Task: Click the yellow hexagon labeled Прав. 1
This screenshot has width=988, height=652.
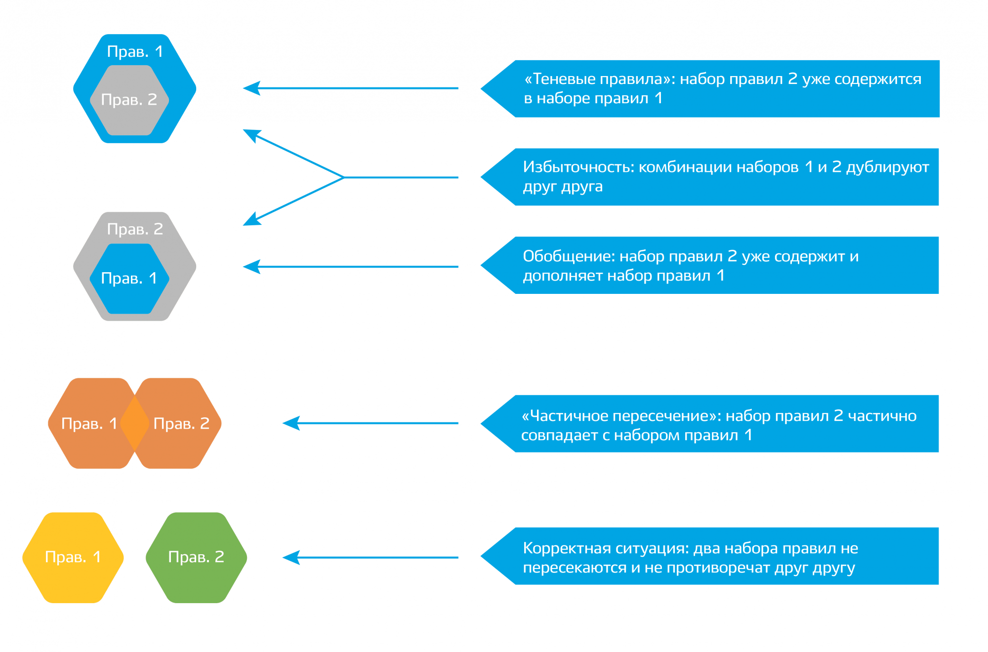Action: tap(73, 558)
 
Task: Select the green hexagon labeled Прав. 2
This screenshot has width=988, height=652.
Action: tap(196, 558)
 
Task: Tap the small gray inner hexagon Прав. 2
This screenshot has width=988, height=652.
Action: tap(129, 100)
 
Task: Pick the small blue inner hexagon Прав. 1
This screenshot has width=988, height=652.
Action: tap(129, 279)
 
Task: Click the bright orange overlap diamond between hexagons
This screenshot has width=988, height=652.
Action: tap(135, 423)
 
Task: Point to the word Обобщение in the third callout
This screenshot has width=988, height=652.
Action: tap(569, 256)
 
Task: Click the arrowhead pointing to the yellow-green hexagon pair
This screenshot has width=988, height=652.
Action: tap(290, 558)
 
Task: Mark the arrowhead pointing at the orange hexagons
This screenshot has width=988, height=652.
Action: tap(290, 423)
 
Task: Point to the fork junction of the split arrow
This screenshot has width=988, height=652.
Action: tap(344, 177)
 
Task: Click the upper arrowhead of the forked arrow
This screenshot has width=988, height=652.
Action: tap(250, 134)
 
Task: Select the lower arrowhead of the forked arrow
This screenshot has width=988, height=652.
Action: tap(250, 221)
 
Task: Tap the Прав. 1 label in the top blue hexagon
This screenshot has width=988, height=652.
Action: tap(135, 51)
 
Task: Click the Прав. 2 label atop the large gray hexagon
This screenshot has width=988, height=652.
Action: tap(135, 229)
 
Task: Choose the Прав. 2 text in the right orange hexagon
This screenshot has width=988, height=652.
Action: tap(181, 423)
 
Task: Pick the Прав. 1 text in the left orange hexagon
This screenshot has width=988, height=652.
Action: tap(89, 423)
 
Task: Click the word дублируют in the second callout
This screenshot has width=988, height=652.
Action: tap(887, 167)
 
